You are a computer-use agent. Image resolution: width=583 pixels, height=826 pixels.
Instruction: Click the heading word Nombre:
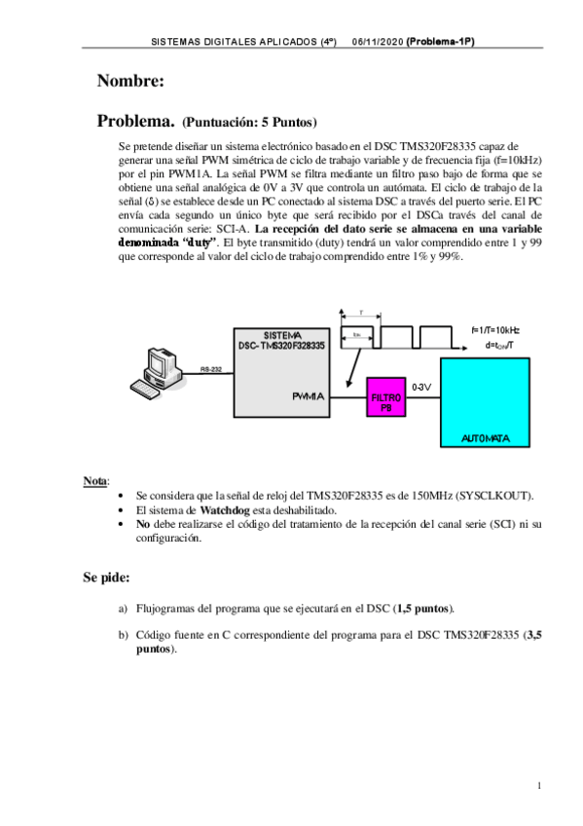tap(130, 80)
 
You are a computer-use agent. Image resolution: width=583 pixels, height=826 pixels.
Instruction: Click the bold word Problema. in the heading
tap(135, 122)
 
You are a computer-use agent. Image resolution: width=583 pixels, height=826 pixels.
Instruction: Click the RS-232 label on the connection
tap(211, 369)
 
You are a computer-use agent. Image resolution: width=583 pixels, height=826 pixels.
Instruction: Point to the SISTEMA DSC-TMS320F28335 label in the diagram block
tap(282, 340)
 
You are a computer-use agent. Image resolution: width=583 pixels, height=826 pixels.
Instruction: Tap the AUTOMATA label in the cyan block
tap(485, 438)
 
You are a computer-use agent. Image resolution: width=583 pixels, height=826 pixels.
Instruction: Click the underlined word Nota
tap(95, 481)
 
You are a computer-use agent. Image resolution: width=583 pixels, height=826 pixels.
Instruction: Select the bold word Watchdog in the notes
tap(226, 509)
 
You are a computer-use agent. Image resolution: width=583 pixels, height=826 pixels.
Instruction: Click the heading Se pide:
tap(106, 578)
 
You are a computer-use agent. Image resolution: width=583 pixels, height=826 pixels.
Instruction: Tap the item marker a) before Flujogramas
tap(123, 608)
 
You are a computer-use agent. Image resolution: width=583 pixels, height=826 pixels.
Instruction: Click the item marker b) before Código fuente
tap(123, 634)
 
